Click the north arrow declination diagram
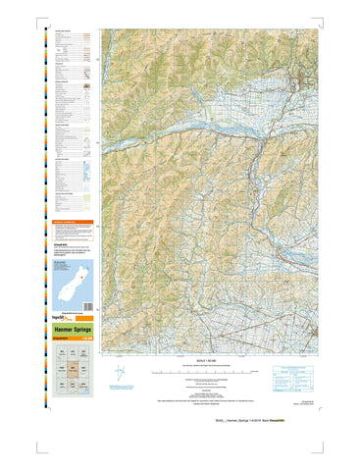(120, 373)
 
